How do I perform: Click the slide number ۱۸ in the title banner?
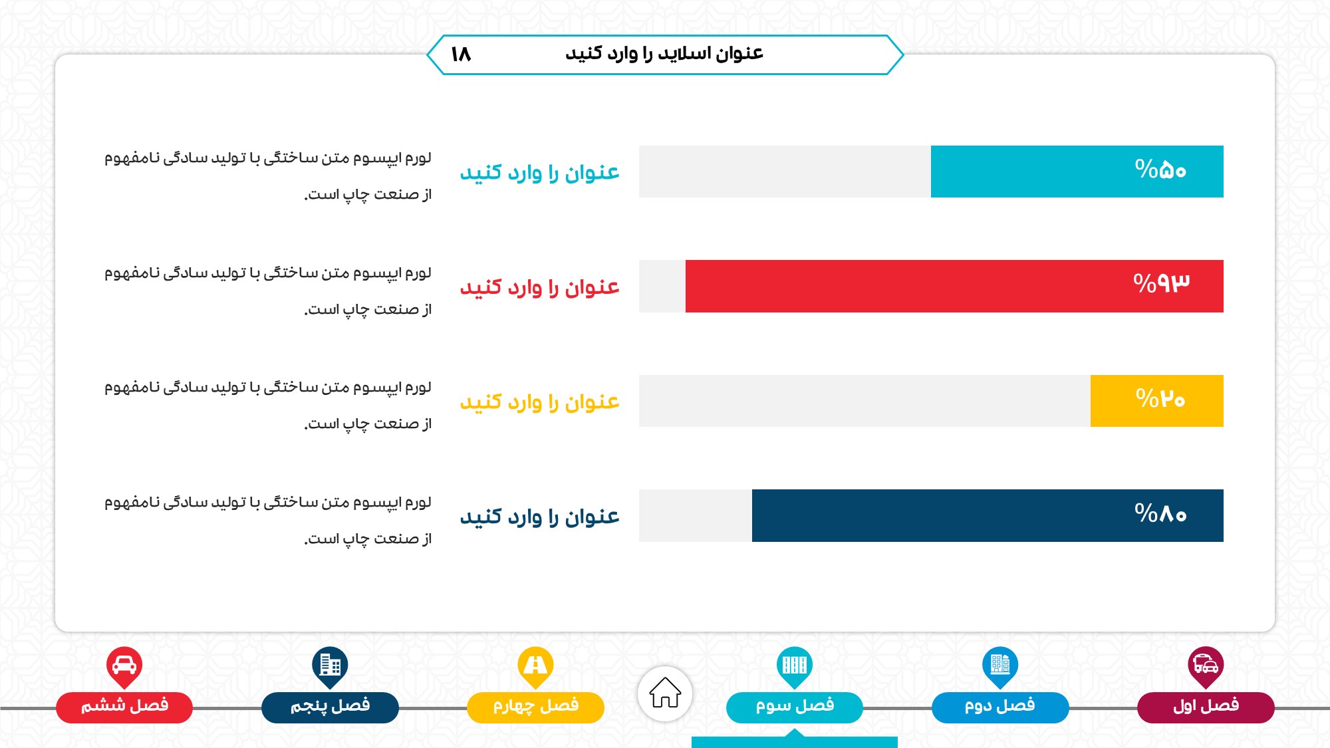click(461, 54)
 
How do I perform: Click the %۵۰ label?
click(1160, 170)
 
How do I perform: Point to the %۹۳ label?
click(1161, 284)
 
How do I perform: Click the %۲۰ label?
click(1160, 399)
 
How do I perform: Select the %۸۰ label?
click(1160, 513)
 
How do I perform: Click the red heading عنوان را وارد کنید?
click(539, 287)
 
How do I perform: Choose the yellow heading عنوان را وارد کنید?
click(539, 402)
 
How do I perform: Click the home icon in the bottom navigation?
click(665, 693)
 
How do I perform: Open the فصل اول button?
click(1206, 707)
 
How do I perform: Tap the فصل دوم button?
click(1000, 707)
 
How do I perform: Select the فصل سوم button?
click(795, 707)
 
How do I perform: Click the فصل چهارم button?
click(535, 707)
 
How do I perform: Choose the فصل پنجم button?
click(330, 707)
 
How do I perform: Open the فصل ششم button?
click(124, 707)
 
